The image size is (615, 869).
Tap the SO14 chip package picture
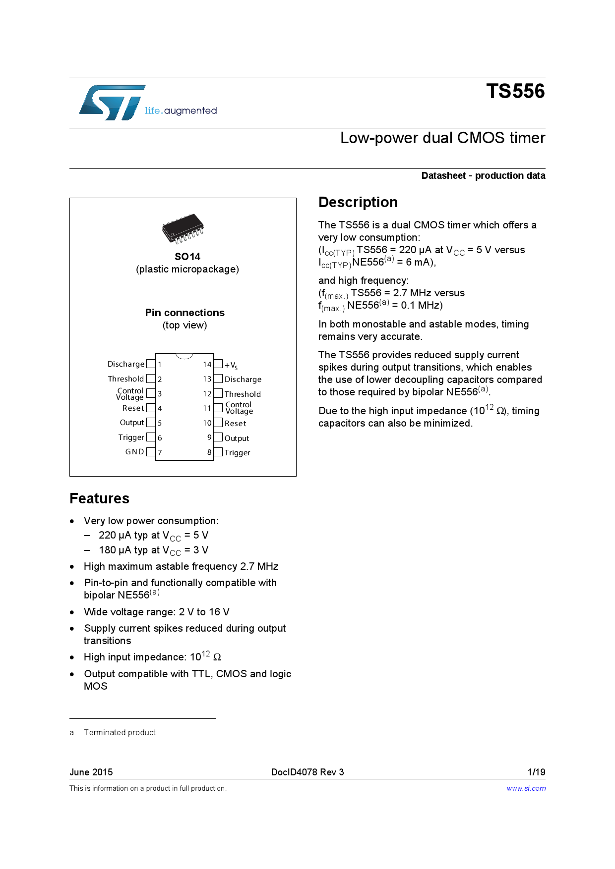pyautogui.click(x=183, y=228)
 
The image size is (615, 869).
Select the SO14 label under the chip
pyautogui.click(x=187, y=257)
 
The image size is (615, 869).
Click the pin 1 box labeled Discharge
pyautogui.click(x=151, y=364)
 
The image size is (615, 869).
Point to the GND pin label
pyautogui.click(x=134, y=452)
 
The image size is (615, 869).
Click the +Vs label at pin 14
pyautogui.click(x=231, y=366)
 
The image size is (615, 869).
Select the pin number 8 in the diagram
pyautogui.click(x=209, y=452)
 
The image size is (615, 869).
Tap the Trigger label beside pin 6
pyautogui.click(x=131, y=437)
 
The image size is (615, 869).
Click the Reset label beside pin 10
pyautogui.click(x=235, y=424)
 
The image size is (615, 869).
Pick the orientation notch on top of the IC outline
pyautogui.click(x=184, y=356)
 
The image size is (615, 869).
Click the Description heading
pyautogui.click(x=358, y=202)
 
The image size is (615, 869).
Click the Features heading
pyautogui.click(x=99, y=498)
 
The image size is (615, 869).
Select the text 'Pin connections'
pyautogui.click(x=184, y=313)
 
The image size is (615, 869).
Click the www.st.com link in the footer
pyautogui.click(x=526, y=788)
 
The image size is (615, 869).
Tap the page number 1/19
pyautogui.click(x=536, y=772)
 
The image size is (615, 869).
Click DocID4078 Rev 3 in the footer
pyautogui.click(x=307, y=772)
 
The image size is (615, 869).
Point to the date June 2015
pyautogui.click(x=91, y=772)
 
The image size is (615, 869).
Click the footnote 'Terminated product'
pyautogui.click(x=120, y=732)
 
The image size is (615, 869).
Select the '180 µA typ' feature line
pyautogui.click(x=153, y=550)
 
